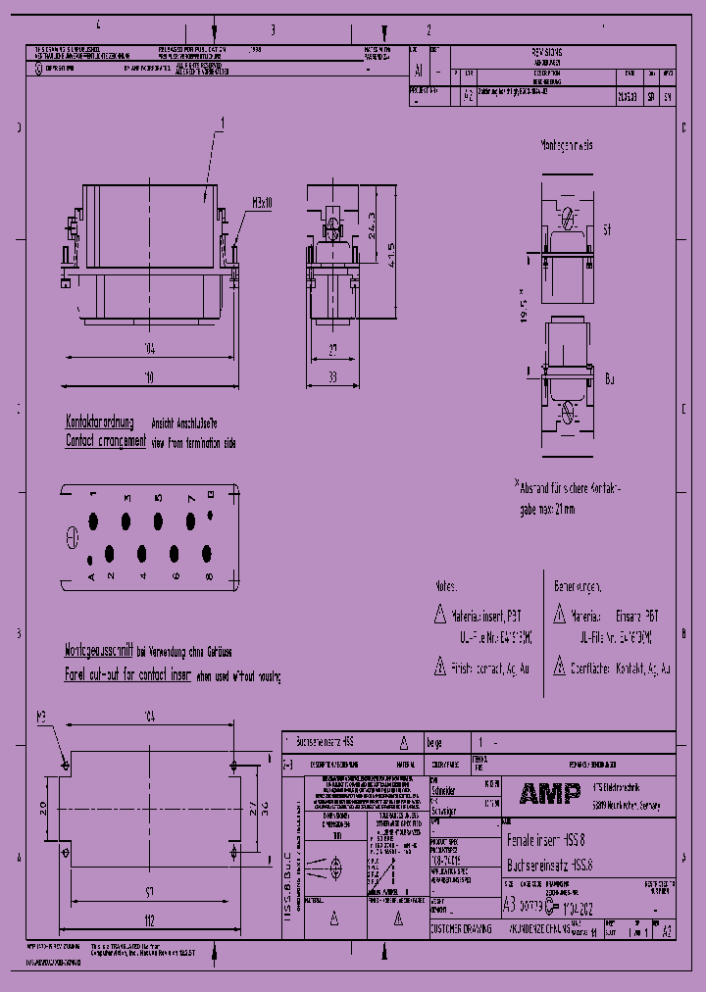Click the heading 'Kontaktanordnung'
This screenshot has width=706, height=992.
click(x=98, y=422)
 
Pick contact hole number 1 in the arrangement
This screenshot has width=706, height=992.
click(x=93, y=519)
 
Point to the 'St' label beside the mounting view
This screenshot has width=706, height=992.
click(x=607, y=229)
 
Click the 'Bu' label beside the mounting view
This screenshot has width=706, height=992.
click(x=609, y=377)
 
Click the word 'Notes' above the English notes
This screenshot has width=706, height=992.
click(x=446, y=585)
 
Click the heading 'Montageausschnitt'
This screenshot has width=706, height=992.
click(x=98, y=651)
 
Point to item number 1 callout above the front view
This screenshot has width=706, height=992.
click(x=223, y=124)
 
